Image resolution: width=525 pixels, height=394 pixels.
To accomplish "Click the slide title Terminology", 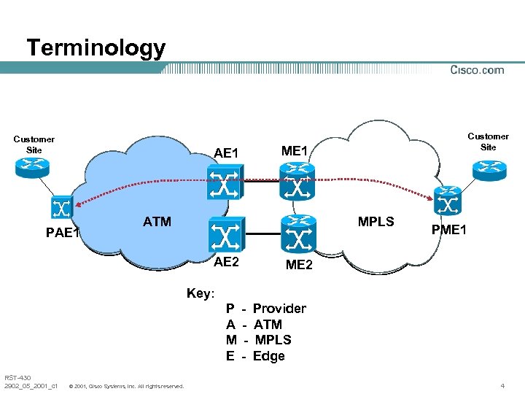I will click(96, 48).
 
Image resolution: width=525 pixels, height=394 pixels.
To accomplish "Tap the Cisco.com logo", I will click(477, 70).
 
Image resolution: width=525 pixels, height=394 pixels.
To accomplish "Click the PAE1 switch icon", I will click(61, 206).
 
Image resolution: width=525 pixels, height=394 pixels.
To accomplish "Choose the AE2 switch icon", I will click(225, 234).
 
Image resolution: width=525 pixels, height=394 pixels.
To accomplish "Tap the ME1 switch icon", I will click(297, 179).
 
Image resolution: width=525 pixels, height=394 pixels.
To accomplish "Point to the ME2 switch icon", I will click(297, 234).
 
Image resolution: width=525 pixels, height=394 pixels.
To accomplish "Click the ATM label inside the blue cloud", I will click(157, 222).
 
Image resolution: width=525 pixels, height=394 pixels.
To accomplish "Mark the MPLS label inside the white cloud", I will click(376, 222).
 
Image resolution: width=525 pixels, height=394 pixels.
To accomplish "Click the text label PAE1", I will click(61, 233).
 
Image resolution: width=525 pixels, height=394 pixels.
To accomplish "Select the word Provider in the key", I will click(279, 309).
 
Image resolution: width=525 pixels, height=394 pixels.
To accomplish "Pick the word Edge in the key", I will click(268, 356).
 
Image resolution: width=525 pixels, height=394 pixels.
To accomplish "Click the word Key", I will click(200, 293).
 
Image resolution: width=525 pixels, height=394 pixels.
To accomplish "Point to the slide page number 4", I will click(502, 385).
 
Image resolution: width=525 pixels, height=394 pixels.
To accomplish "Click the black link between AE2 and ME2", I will click(261, 234).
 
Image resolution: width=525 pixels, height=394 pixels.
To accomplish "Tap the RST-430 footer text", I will click(17, 377).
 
